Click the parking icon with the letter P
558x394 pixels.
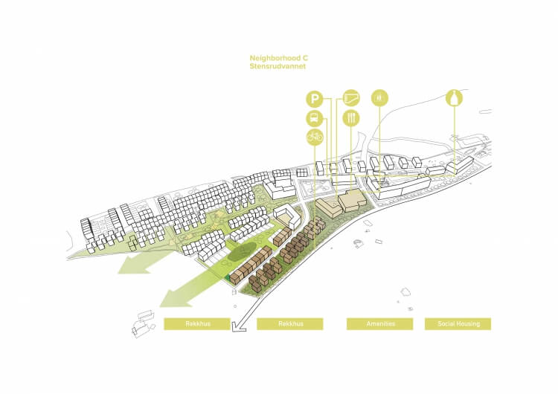coord(314,99)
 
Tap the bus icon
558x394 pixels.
coord(314,118)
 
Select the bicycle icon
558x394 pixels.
coord(314,137)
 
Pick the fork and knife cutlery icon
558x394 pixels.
coord(351,118)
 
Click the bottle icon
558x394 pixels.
coord(455,98)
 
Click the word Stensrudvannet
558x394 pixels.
coord(278,66)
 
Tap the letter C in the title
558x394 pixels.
coord(305,58)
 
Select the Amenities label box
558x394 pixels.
coord(379,324)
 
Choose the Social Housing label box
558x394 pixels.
coord(458,324)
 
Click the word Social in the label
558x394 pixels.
coord(446,324)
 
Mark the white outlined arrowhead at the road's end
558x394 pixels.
coord(238,326)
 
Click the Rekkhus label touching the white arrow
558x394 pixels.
coord(197,324)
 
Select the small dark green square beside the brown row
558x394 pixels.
coord(226,278)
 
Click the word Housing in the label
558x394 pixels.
coord(468,324)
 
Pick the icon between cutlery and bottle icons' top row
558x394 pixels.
coord(379,98)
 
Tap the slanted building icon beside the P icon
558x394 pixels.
coord(351,98)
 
